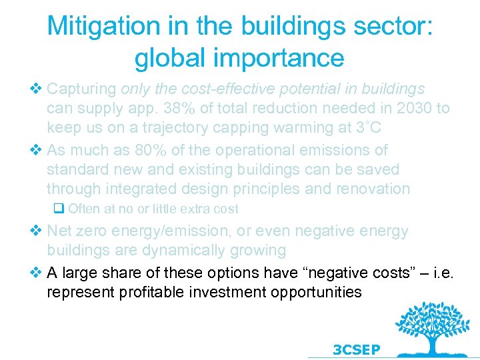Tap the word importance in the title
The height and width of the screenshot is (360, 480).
(276, 58)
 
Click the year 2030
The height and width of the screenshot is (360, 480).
(414, 108)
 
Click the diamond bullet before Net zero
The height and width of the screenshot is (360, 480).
(37, 231)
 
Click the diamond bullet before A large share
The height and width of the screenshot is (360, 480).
(37, 273)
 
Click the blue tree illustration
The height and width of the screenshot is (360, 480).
(427, 327)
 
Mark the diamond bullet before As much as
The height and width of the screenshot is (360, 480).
(37, 151)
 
